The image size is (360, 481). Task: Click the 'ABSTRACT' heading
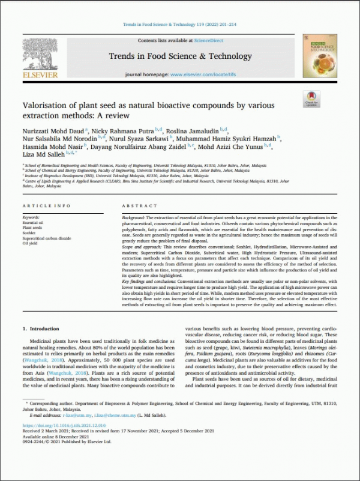139,205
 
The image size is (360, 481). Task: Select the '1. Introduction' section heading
41,329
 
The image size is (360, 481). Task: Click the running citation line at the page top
179,25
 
